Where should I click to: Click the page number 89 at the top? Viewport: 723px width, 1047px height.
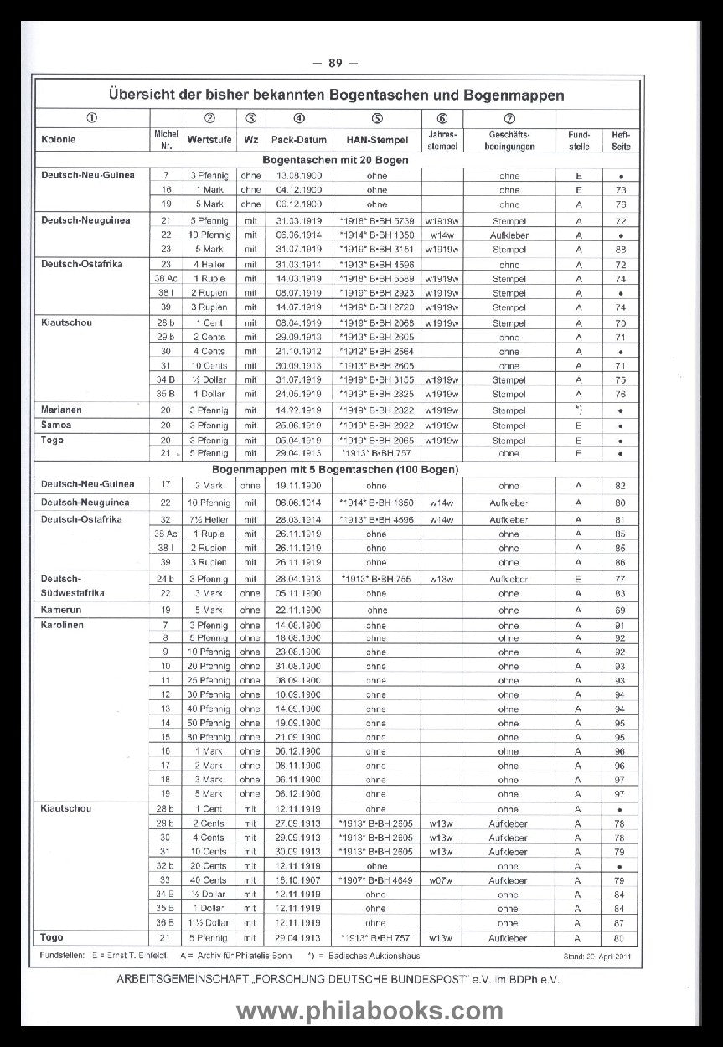[x=335, y=63]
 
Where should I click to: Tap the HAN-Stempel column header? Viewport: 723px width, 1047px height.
[x=376, y=139]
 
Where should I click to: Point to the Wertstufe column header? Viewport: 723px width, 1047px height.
[x=210, y=139]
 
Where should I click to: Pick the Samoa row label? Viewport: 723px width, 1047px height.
[x=55, y=425]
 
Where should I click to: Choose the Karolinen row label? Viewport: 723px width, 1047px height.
[x=62, y=625]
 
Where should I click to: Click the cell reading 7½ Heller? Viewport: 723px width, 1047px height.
[x=209, y=518]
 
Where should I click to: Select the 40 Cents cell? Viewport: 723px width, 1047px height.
[x=209, y=880]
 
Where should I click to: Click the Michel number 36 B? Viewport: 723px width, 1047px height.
[x=166, y=923]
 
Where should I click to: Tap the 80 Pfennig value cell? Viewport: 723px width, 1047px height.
[x=209, y=736]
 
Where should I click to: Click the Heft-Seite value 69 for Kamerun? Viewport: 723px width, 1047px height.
[x=620, y=610]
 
